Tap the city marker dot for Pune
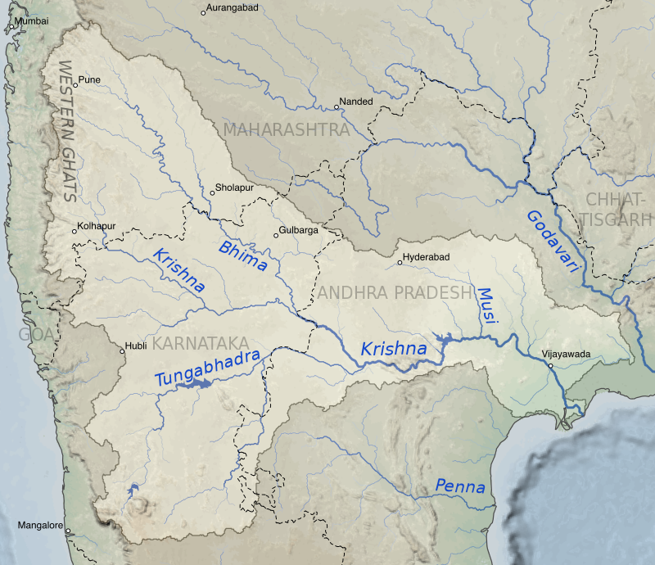(75, 84)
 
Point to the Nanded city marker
(337, 107)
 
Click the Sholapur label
(234, 188)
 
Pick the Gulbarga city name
(299, 231)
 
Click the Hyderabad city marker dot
(400, 263)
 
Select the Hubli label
(135, 346)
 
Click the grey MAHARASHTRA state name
(286, 129)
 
